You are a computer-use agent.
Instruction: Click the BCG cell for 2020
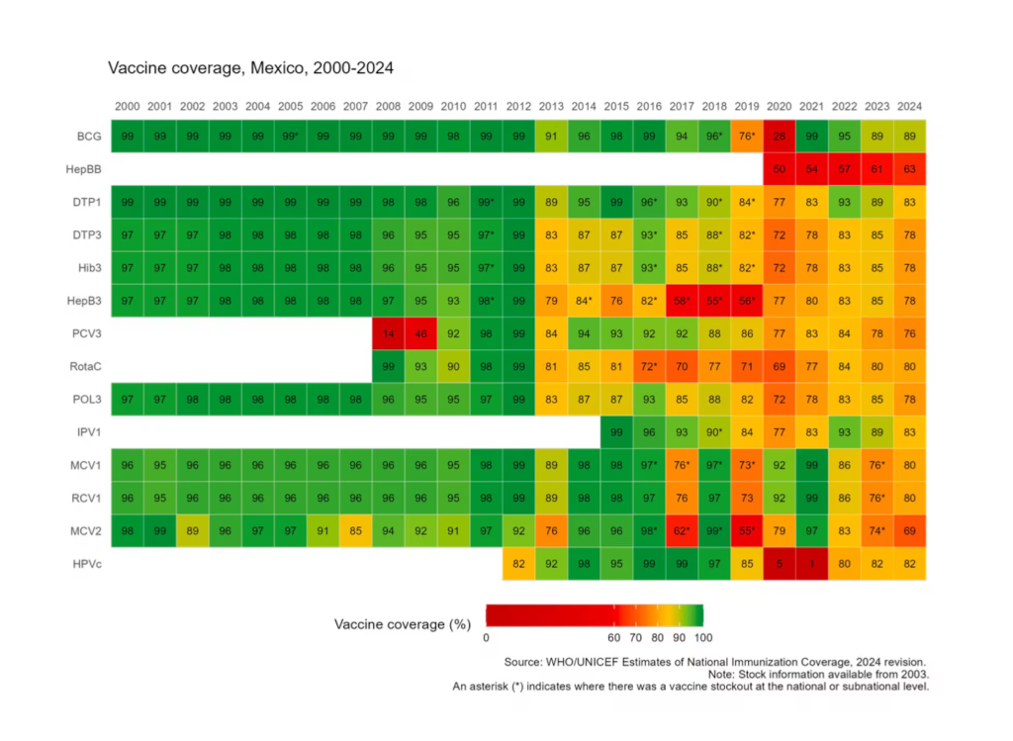coord(780,137)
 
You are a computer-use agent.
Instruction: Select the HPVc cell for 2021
coord(812,564)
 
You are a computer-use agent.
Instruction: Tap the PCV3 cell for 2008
coord(388,334)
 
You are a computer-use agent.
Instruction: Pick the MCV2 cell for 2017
coord(682,531)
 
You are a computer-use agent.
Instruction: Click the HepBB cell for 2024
coord(910,169)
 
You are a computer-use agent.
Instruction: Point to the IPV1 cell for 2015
coord(616,432)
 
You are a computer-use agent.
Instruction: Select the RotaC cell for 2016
coord(649,367)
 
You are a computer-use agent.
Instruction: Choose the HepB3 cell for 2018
coord(714,301)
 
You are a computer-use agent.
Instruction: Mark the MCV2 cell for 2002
coord(192,531)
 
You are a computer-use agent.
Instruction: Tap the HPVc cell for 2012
coord(518,564)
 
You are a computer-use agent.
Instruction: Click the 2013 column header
coord(551,106)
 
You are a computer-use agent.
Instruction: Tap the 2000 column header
coord(127,106)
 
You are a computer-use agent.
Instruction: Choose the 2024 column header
coord(910,106)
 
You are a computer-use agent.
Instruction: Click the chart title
coord(250,68)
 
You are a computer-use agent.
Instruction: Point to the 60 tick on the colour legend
coord(614,638)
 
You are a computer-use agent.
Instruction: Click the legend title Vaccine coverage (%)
coord(403,624)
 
